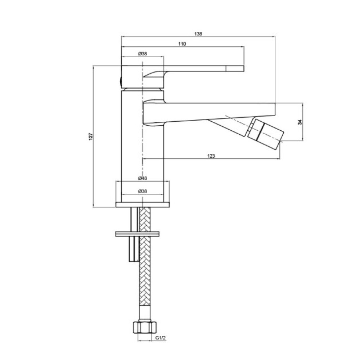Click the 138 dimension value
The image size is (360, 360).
pyautogui.click(x=198, y=34)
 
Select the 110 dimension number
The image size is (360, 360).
pyautogui.click(x=182, y=44)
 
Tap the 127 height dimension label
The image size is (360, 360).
pyautogui.click(x=91, y=136)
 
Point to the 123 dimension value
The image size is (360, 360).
pyautogui.click(x=211, y=156)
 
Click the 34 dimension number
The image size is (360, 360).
pyautogui.click(x=300, y=122)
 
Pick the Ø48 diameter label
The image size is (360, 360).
pyautogui.click(x=143, y=178)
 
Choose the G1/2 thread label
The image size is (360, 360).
pyautogui.click(x=161, y=338)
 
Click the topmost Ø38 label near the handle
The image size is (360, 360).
pyautogui.click(x=143, y=54)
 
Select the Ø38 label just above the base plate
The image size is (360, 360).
pyautogui.click(x=143, y=191)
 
